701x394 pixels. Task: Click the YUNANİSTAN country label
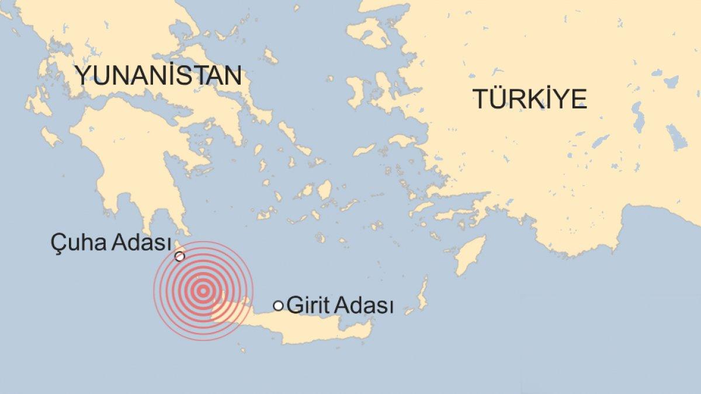pos(158,76)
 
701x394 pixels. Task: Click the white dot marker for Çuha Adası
pos(180,256)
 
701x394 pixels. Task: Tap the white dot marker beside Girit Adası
pos(279,305)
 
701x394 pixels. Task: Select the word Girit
pos(306,306)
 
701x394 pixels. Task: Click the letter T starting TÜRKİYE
pos(480,99)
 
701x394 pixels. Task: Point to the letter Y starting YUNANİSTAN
pos(82,76)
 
